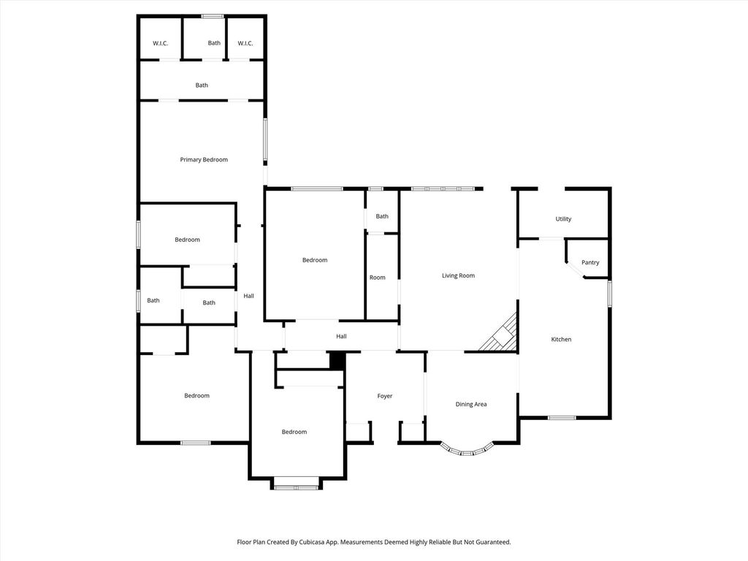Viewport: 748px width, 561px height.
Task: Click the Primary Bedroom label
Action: tap(204, 160)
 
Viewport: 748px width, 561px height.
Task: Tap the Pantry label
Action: tap(590, 262)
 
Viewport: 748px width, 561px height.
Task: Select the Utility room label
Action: tap(563, 219)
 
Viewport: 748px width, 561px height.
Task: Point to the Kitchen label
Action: tap(561, 339)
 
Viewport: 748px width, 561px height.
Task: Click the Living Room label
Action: tap(458, 275)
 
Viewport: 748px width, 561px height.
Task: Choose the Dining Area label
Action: tap(471, 404)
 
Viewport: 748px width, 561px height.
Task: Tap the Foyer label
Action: tap(384, 396)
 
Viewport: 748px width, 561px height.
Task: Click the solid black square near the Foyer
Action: tap(337, 360)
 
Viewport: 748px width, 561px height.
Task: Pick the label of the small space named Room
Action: tap(378, 277)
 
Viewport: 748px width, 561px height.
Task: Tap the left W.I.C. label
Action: tap(160, 43)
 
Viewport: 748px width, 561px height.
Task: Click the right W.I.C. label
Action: tap(245, 43)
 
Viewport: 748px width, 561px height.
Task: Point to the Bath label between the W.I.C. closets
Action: tap(214, 43)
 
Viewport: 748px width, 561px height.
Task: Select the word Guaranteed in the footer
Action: tap(495, 542)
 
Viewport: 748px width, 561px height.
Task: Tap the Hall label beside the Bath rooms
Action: tap(248, 296)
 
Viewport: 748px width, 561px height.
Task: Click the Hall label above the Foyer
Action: tap(341, 336)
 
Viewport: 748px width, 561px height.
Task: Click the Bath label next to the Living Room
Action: tap(382, 216)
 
